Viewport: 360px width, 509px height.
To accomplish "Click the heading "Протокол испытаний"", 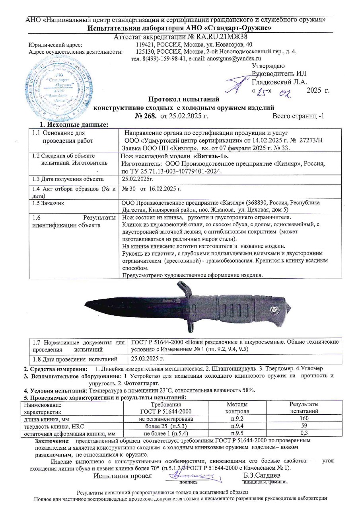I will (x=183, y=99).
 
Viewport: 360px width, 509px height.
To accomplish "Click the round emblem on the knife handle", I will (x=274, y=310).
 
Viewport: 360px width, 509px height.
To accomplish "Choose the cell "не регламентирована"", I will (x=169, y=419).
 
